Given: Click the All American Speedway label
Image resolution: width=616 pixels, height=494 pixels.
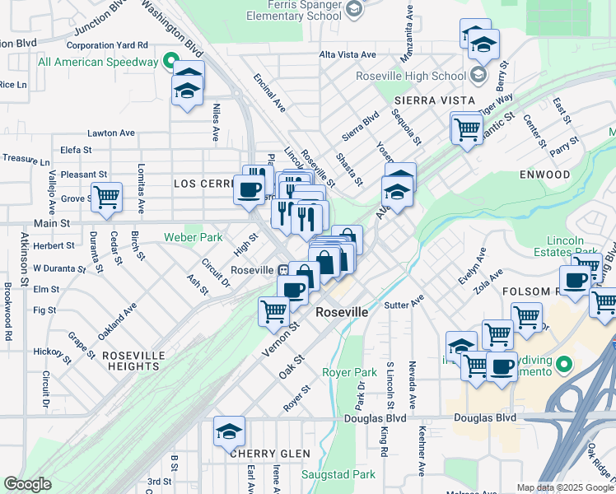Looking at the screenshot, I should pyautogui.click(x=98, y=62).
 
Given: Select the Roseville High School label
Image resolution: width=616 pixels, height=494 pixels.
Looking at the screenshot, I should pyautogui.click(x=411, y=76).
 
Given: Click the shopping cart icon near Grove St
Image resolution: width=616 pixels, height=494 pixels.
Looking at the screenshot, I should pyautogui.click(x=106, y=197).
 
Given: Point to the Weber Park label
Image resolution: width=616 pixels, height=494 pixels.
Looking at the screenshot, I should pyautogui.click(x=194, y=237).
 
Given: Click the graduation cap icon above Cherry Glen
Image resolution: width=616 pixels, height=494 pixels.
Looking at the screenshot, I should pyautogui.click(x=229, y=430).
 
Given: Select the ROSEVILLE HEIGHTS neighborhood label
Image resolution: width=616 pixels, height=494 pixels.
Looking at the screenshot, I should pyautogui.click(x=133, y=355).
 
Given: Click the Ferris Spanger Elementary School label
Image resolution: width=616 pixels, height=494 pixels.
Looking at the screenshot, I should pyautogui.click(x=294, y=10).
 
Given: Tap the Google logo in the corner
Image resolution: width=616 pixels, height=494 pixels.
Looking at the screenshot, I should pyautogui.click(x=27, y=484).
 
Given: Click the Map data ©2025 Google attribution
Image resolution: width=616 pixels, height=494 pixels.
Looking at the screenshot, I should pyautogui.click(x=564, y=487).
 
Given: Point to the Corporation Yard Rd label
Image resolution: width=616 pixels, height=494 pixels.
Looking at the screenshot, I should pyautogui.click(x=110, y=45).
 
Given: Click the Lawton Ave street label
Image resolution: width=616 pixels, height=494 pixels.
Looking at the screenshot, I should pyautogui.click(x=111, y=133).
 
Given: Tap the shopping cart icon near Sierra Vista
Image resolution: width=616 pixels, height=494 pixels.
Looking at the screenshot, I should pyautogui.click(x=466, y=128).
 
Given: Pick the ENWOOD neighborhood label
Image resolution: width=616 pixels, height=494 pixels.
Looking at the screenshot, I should pyautogui.click(x=544, y=175).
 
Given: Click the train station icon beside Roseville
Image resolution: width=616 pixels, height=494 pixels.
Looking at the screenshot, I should pyautogui.click(x=282, y=269).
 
